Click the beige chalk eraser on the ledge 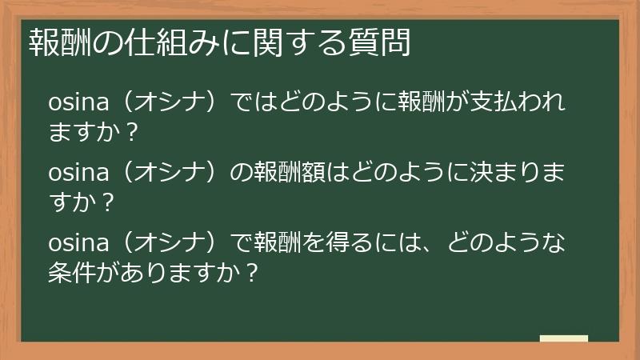pos(563,338)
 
